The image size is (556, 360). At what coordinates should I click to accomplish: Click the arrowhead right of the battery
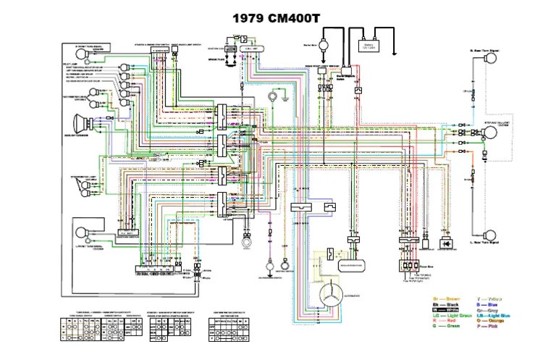(395, 53)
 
